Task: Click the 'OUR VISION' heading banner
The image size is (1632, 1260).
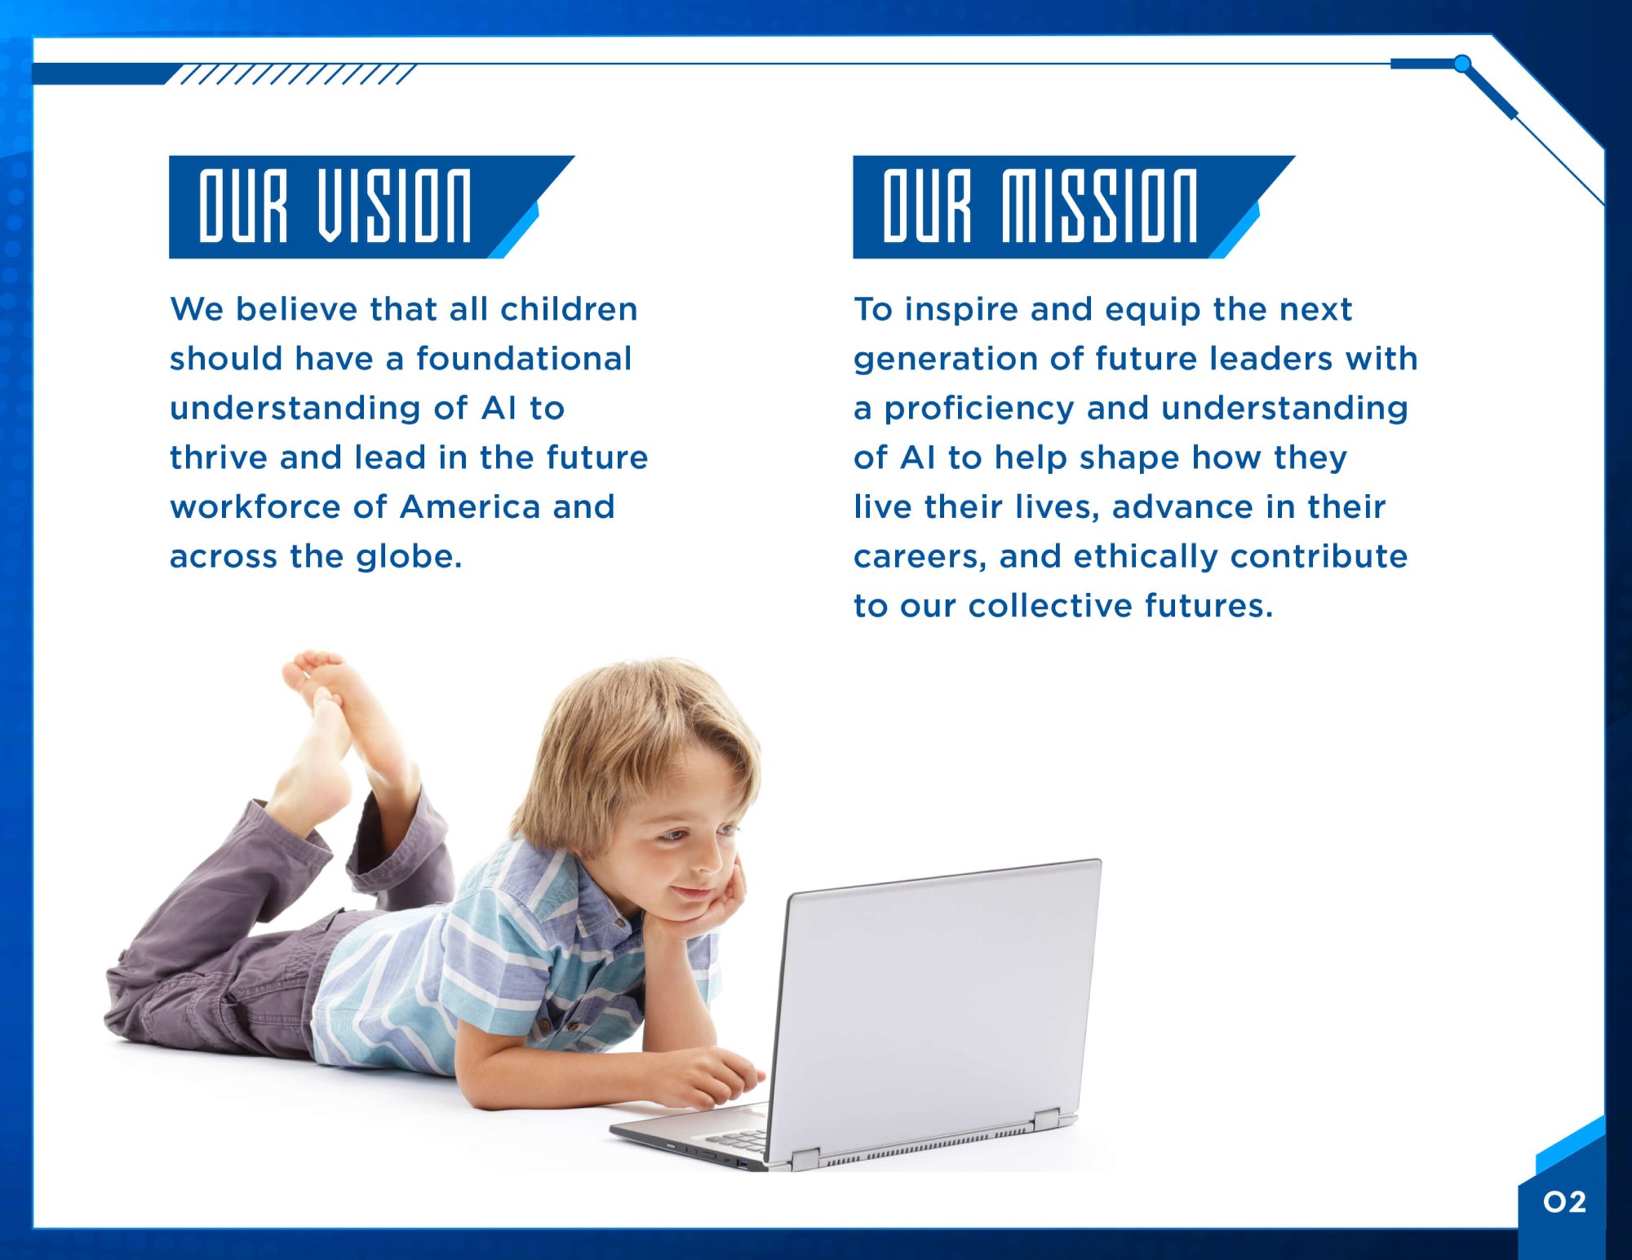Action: (371, 206)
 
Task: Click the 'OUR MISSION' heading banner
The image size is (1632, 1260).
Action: (1073, 206)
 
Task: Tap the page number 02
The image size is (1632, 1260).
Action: (1564, 1201)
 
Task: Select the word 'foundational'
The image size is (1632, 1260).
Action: (524, 358)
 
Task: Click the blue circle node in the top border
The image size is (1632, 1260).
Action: (1462, 63)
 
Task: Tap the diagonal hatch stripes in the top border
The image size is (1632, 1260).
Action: (298, 74)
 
